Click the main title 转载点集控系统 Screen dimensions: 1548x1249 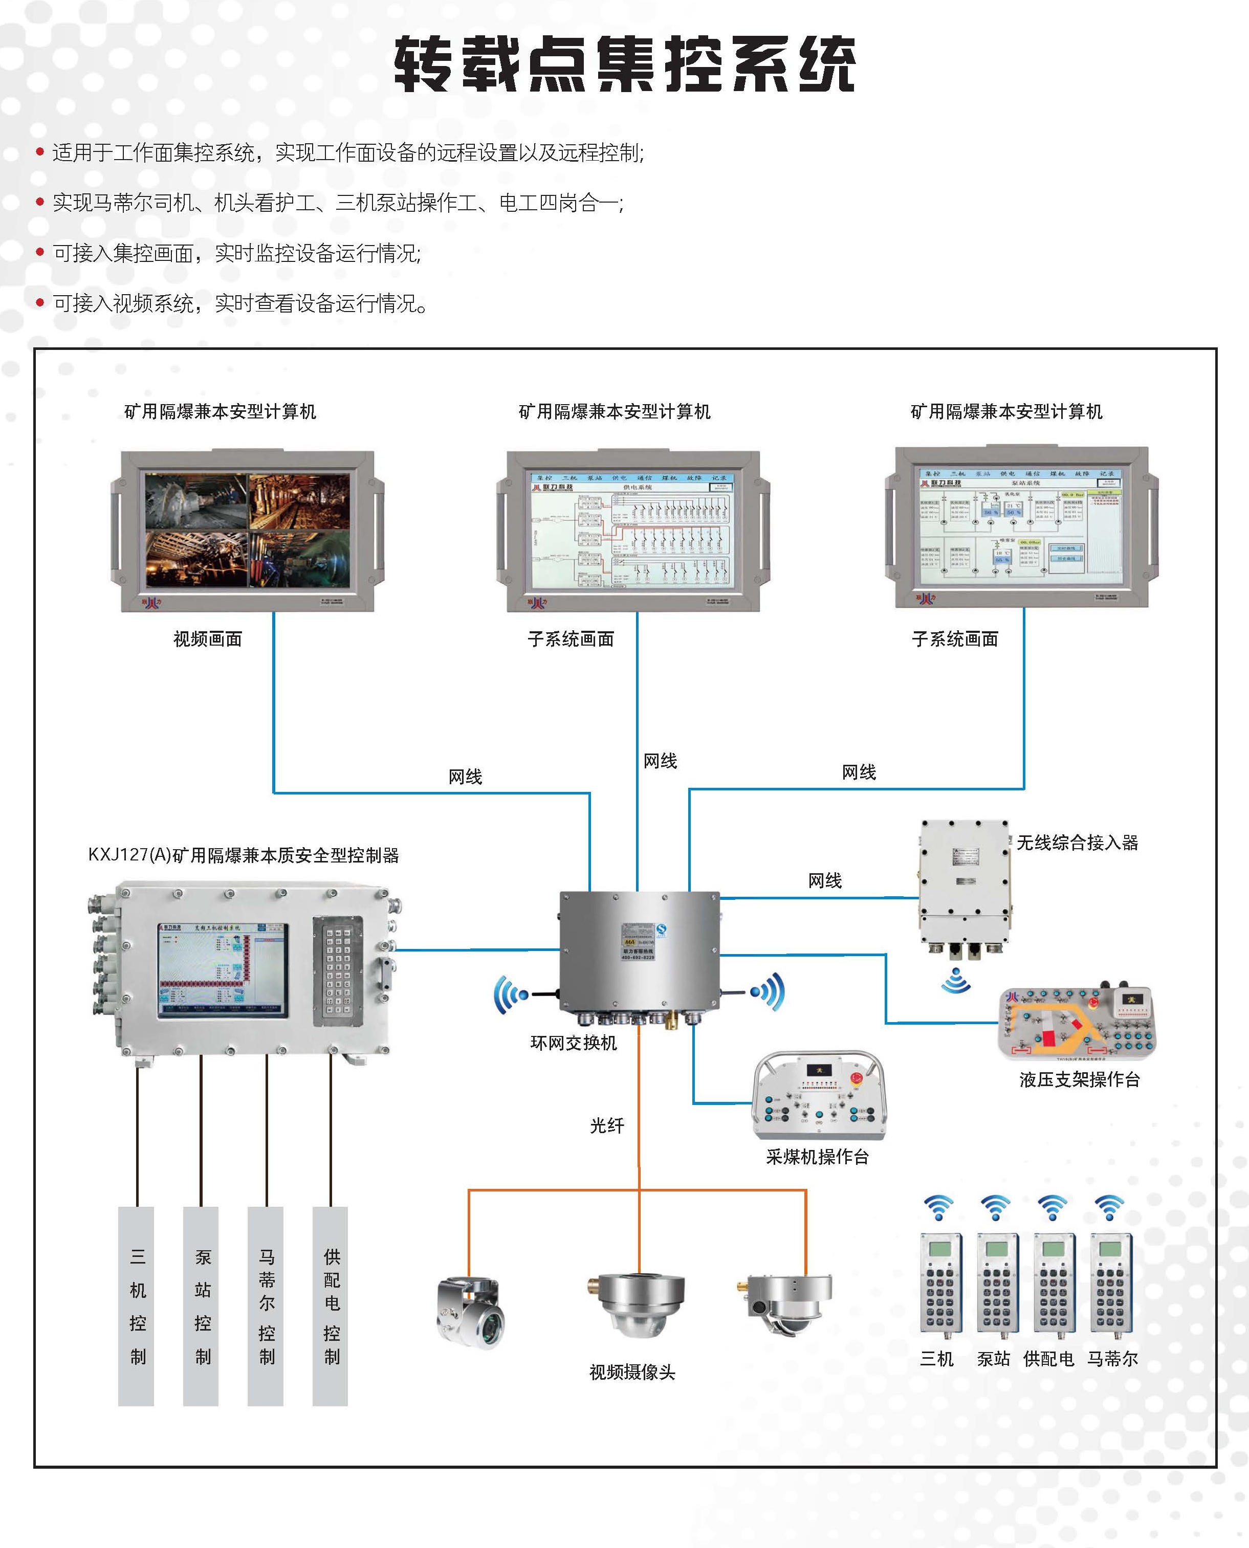tap(624, 65)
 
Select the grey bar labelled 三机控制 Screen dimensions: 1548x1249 tap(136, 1306)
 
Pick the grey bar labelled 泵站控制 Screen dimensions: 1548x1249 tap(201, 1306)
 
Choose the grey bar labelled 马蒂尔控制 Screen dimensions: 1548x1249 tap(266, 1306)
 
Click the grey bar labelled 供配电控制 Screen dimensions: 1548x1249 tap(330, 1306)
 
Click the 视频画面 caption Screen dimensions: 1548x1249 tap(207, 639)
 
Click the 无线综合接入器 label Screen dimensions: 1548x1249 tap(1077, 843)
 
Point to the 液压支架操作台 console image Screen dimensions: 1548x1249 tap(1077, 1023)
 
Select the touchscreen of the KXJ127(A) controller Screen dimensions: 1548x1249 tap(222, 969)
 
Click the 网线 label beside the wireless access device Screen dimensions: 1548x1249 tap(824, 880)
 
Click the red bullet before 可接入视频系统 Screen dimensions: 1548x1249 tap(40, 303)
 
